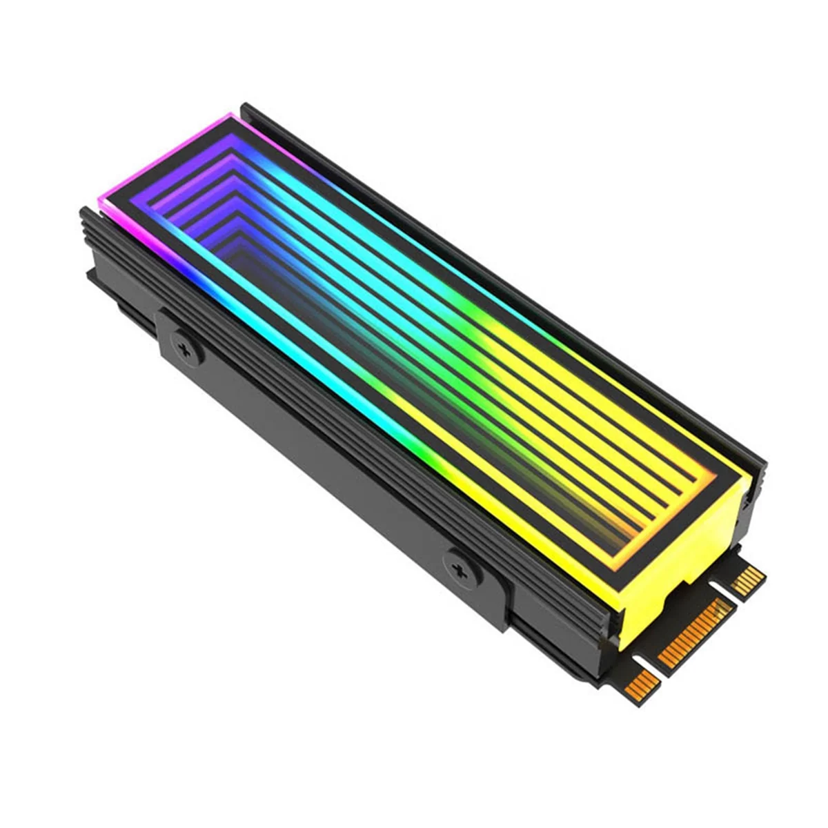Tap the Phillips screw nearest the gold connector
click(x=457, y=569)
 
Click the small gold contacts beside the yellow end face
click(x=747, y=580)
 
